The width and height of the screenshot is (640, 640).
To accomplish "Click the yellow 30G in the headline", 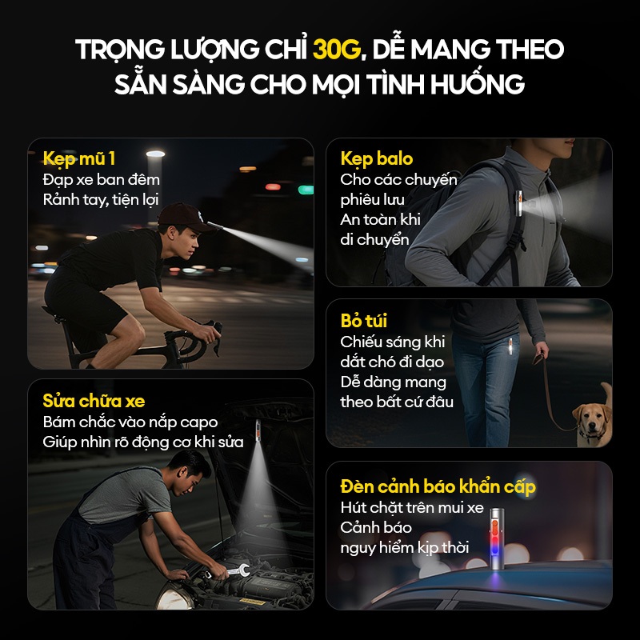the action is click(337, 49).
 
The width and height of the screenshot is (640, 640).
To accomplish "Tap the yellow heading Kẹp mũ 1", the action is click(79, 158).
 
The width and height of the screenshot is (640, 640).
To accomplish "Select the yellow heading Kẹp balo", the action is click(376, 158).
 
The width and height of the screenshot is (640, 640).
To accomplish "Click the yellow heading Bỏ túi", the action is click(364, 321).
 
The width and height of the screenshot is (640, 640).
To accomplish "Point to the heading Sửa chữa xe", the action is click(94, 401).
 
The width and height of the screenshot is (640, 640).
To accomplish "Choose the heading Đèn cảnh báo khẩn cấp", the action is click(438, 486).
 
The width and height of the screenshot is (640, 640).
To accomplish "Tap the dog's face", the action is click(591, 422).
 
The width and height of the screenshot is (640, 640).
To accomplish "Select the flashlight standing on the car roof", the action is click(496, 538).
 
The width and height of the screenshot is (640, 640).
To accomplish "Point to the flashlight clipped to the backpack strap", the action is click(519, 203).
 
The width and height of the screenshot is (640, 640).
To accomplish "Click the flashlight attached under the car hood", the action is click(258, 430).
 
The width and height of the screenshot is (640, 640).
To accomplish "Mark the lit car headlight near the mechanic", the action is click(174, 597).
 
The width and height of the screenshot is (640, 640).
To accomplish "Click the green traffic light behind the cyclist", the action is click(306, 190).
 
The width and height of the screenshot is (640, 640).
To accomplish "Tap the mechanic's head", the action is click(190, 470).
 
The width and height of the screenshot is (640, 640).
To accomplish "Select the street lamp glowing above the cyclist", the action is click(155, 154).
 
